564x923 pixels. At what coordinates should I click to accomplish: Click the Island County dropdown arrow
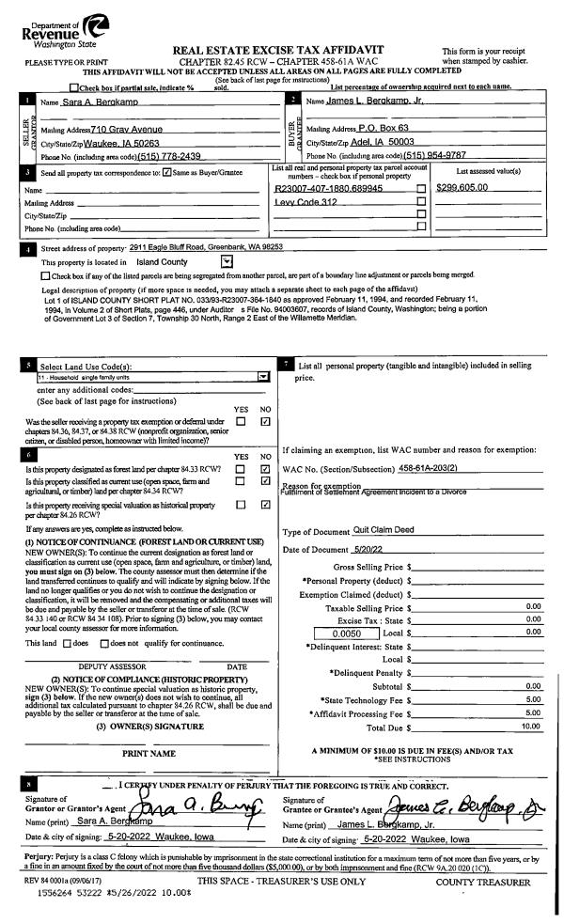[226, 262]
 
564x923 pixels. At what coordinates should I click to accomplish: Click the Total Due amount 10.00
[532, 700]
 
